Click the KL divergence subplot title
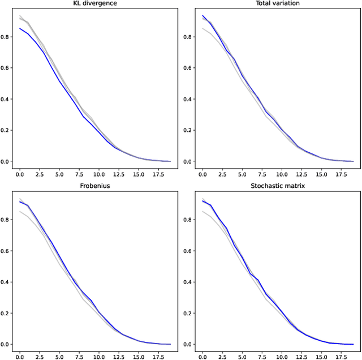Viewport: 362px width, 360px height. tap(95, 3)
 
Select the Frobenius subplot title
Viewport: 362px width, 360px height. tap(95, 186)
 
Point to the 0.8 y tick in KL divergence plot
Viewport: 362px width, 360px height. tap(7, 37)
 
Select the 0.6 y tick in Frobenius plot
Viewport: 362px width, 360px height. tap(7, 251)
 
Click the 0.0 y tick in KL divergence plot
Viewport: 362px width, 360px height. tap(7, 161)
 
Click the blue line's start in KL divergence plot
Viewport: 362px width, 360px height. tap(20, 28)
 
